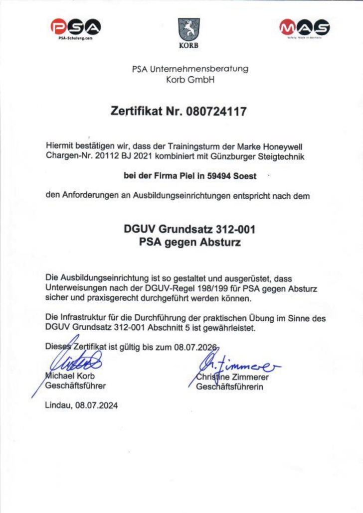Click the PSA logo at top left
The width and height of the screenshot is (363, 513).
pyautogui.click(x=75, y=29)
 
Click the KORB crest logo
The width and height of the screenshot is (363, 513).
pyautogui.click(x=188, y=31)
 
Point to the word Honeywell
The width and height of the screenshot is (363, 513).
pyautogui.click(x=282, y=146)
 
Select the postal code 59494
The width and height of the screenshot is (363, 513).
pyautogui.click(x=215, y=176)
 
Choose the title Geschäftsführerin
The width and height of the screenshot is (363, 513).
pyautogui.click(x=228, y=386)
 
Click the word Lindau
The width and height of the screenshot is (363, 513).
pyautogui.click(x=58, y=405)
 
